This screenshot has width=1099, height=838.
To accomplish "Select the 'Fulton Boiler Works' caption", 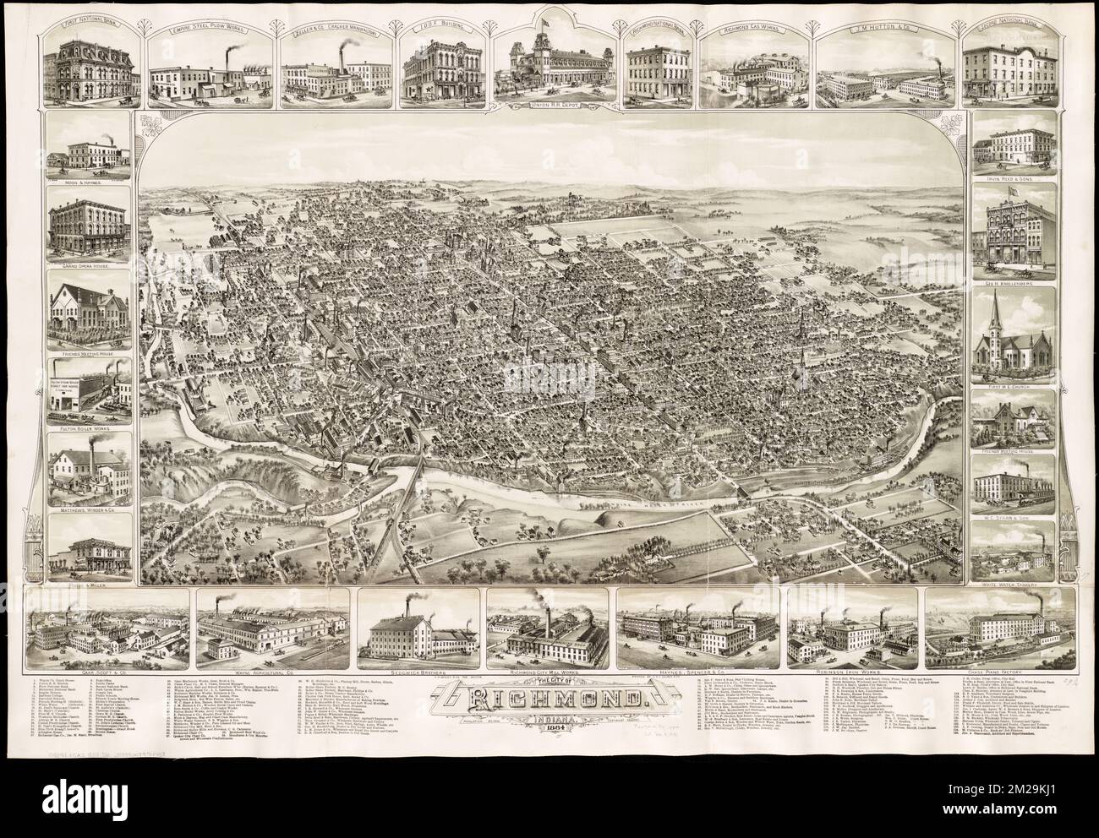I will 89,437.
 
